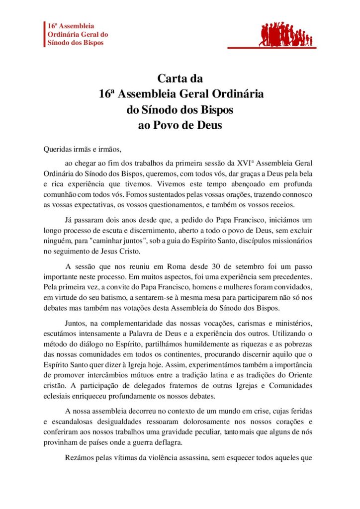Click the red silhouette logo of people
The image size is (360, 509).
[x=286, y=35]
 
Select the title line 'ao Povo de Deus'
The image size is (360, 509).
[x=180, y=125]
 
